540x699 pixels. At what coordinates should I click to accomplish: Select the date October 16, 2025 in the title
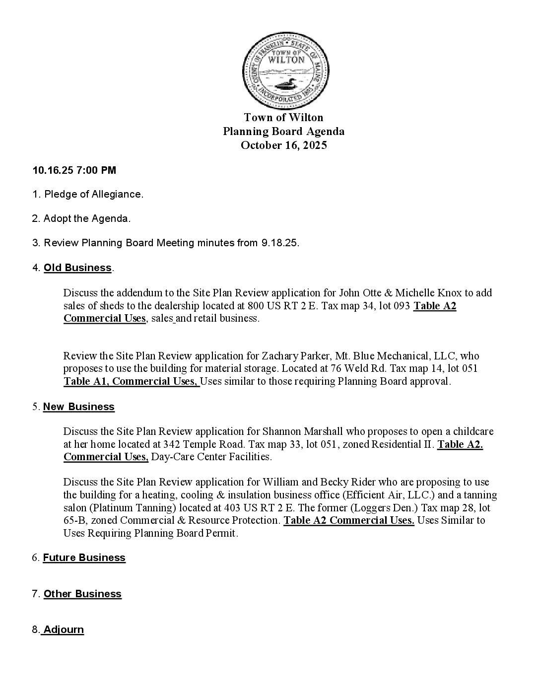pos(283,145)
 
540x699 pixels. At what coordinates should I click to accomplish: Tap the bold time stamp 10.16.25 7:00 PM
pos(74,170)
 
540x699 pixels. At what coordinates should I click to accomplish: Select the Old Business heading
pos(77,268)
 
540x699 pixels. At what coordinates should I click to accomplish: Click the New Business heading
pos(78,407)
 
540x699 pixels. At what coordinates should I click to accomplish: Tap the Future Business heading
pos(84,558)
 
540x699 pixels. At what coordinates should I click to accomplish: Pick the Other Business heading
pos(82,594)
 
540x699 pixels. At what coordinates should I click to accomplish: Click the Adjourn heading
pos(63,629)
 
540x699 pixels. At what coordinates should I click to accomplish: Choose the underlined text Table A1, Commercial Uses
pos(132,381)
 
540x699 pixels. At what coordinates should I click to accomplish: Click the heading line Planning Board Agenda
pos(283,132)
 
